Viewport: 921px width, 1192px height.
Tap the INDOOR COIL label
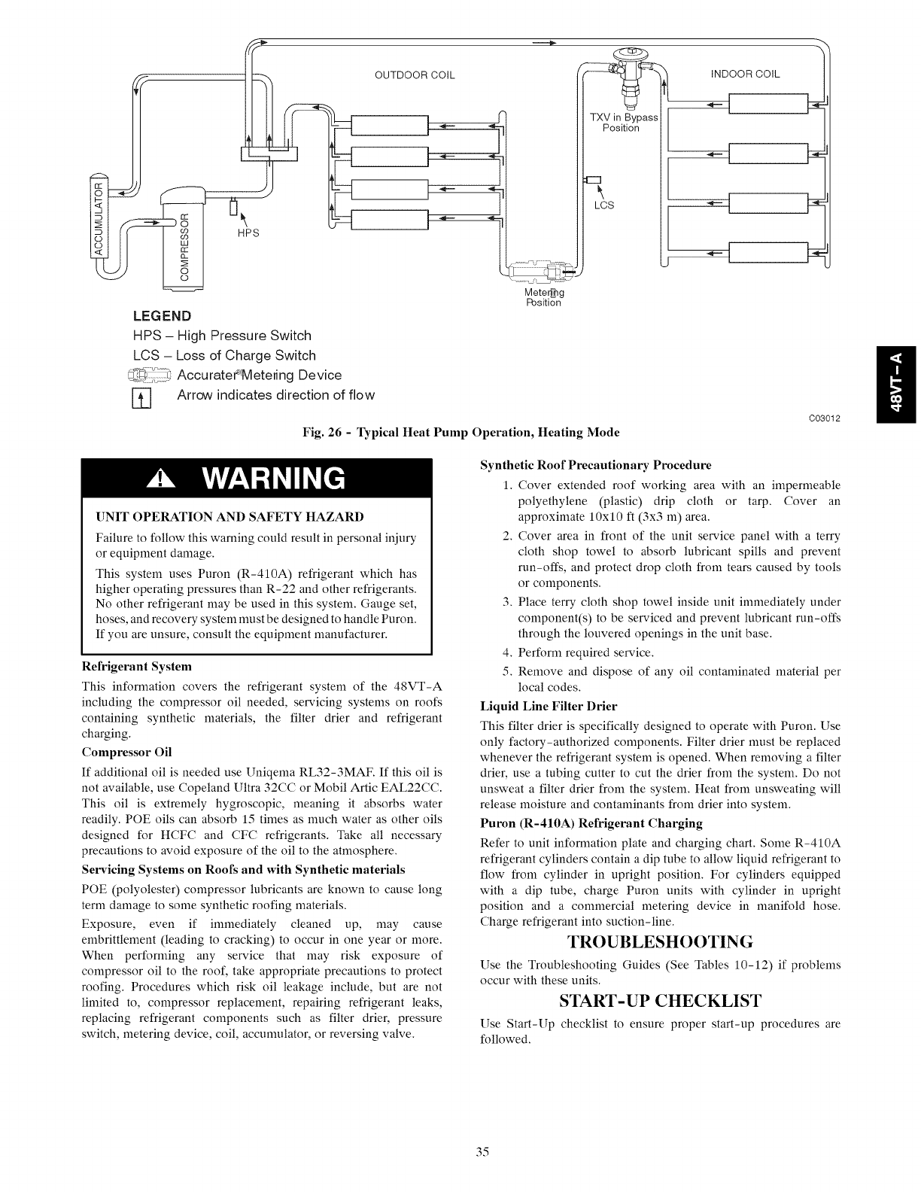tap(745, 74)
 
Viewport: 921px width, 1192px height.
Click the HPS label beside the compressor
tap(248, 233)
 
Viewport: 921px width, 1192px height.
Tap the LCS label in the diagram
tap(604, 205)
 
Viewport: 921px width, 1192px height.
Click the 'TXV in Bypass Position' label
tap(623, 123)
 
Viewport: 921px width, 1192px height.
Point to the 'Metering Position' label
tap(543, 298)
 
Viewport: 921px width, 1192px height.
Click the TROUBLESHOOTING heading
tap(659, 942)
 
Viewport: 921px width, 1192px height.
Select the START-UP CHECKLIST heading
tap(660, 1001)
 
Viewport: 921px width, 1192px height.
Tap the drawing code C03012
tap(825, 418)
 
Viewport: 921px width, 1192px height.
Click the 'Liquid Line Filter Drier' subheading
tap(549, 706)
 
